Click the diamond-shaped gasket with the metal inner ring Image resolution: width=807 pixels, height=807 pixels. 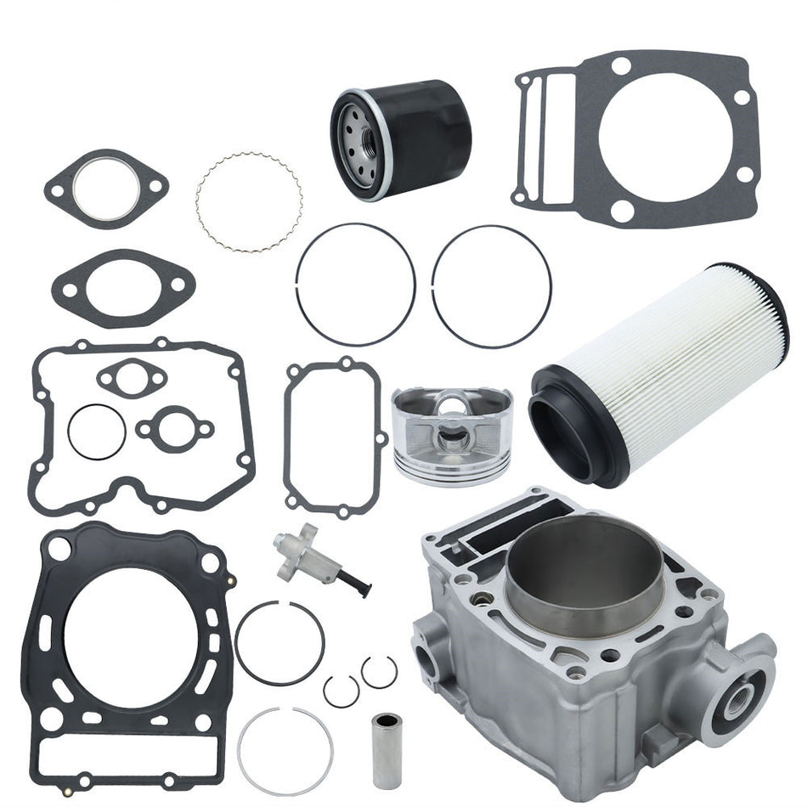pyautogui.click(x=106, y=189)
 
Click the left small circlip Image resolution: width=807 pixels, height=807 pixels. pyautogui.click(x=340, y=691)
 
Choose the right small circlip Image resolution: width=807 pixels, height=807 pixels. pyautogui.click(x=379, y=671)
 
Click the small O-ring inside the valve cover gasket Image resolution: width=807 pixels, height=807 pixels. pyautogui.click(x=97, y=432)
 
